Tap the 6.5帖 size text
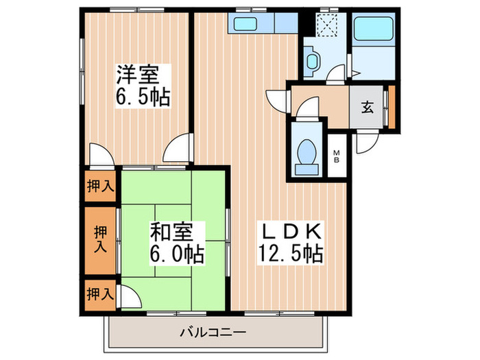coord(143,96)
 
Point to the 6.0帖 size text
coord(176,254)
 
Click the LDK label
coord(291,232)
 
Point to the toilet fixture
coord(306,154)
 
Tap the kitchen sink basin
coord(245,24)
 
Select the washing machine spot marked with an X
coord(326,27)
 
